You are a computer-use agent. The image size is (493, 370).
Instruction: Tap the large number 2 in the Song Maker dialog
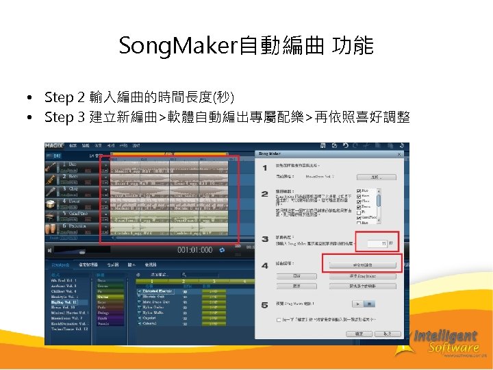pos(264,195)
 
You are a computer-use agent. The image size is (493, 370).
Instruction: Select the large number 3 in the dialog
pos(264,238)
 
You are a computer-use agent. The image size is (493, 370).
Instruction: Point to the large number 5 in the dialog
pos(264,304)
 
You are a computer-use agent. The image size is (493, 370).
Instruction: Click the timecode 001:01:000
pos(195,250)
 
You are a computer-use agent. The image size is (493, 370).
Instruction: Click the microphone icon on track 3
pos(51,191)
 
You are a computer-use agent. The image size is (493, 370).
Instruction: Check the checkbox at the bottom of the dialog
pos(279,320)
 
